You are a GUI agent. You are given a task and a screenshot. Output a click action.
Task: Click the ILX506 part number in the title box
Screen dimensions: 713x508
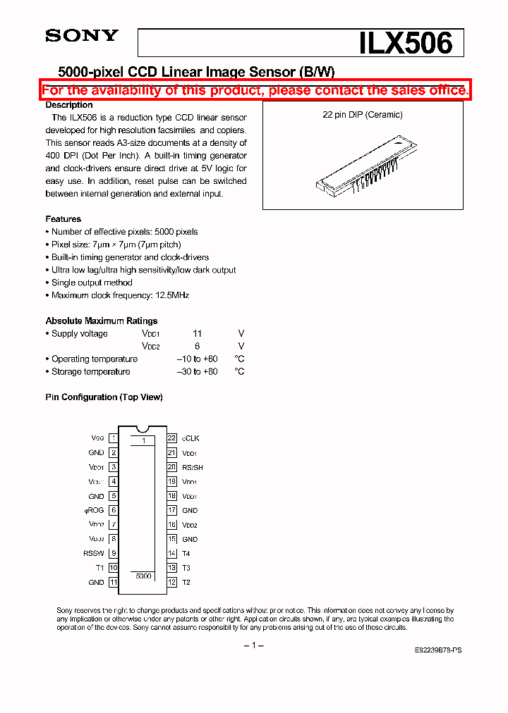point(405,43)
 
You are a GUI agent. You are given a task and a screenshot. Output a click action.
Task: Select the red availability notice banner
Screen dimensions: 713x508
point(255,90)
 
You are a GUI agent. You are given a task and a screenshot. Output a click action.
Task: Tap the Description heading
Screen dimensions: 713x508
point(69,105)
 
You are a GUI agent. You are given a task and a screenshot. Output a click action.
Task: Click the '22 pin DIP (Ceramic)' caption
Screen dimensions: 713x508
point(362,115)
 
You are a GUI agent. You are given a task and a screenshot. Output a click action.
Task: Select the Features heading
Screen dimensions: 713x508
point(64,219)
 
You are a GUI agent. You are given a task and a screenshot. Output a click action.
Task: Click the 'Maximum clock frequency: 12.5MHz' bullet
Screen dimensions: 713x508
point(120,295)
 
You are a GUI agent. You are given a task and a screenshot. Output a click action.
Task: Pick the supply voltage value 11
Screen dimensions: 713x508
point(198,334)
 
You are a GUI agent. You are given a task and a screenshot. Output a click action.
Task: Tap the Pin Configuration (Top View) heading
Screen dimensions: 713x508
point(104,397)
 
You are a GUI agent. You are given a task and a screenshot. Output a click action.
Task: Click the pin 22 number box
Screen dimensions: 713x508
point(171,438)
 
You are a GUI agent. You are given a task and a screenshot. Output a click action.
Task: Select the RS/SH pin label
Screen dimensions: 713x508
point(193,467)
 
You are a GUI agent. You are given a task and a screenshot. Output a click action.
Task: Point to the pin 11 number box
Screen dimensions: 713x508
point(113,583)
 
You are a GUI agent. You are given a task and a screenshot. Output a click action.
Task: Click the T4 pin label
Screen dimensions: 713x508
point(186,554)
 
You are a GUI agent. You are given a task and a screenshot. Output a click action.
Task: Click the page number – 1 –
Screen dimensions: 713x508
point(253,646)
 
